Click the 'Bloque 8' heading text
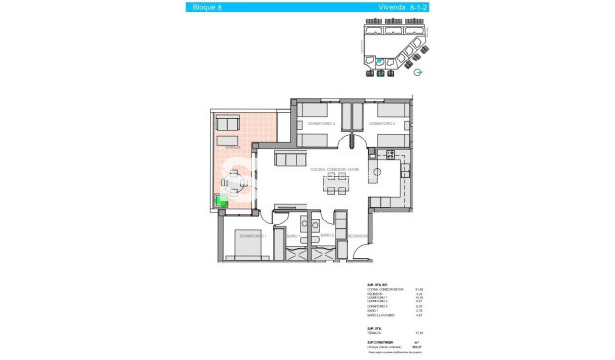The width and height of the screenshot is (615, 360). click(x=204, y=7)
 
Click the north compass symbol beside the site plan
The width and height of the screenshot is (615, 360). click(x=418, y=71)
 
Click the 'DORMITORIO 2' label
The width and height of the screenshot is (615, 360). click(x=381, y=124)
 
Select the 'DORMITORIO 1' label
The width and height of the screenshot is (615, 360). click(x=251, y=236)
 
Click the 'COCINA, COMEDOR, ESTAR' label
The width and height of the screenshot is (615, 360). click(x=336, y=169)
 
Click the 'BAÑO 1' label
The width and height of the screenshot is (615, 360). click(x=292, y=236)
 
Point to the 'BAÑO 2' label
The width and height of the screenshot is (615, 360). click(x=326, y=236)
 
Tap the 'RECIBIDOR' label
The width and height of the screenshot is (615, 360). click(x=357, y=236)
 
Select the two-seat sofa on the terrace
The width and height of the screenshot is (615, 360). click(x=226, y=124)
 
